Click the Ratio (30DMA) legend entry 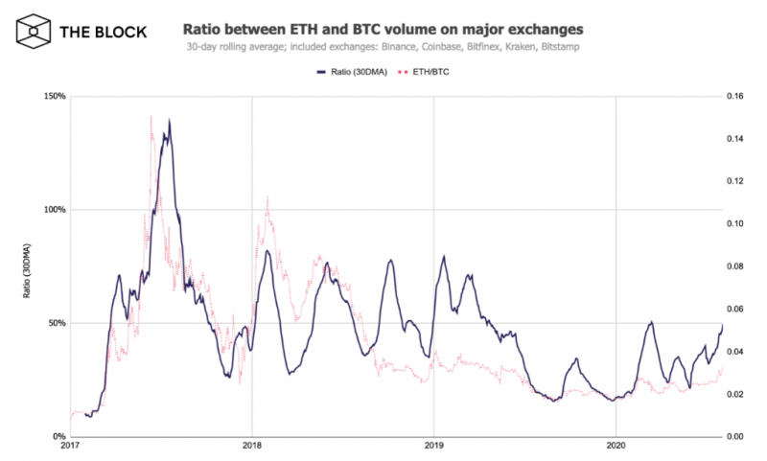click(351, 71)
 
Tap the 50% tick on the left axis click(55, 323)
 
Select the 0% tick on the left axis click(58, 436)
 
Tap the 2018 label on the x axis click(251, 447)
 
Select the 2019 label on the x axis click(433, 447)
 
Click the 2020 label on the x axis click(616, 447)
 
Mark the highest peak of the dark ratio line click(170, 121)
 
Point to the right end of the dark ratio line click(722, 325)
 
